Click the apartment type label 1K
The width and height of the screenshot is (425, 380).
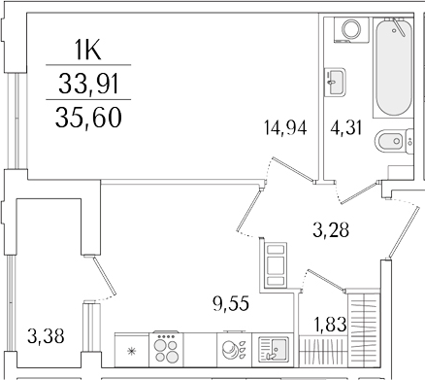(89, 49)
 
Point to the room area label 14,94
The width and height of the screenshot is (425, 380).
(284, 129)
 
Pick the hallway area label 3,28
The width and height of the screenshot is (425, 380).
(332, 230)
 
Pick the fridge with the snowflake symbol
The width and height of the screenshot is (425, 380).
(129, 349)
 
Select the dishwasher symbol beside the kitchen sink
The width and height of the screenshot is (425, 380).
(233, 348)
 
